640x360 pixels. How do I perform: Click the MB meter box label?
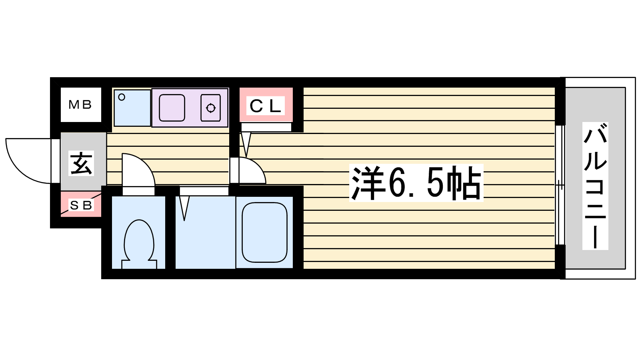[80, 105]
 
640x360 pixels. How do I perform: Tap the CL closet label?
[266, 106]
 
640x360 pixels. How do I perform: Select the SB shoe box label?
[81, 205]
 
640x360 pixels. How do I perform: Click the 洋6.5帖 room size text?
[416, 183]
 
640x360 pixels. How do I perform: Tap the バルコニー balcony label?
[595, 186]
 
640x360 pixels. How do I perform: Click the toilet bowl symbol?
[139, 244]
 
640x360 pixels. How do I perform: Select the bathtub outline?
[264, 232]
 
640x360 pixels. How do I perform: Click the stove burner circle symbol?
[211, 108]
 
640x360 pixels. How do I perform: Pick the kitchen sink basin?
[172, 108]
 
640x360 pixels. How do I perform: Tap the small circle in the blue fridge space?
[122, 98]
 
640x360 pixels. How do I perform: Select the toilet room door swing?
[138, 170]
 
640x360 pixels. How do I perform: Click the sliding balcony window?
[560, 185]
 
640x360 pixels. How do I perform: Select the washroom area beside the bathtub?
[205, 232]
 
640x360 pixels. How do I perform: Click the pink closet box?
[266, 104]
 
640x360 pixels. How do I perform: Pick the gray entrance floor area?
[84, 162]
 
